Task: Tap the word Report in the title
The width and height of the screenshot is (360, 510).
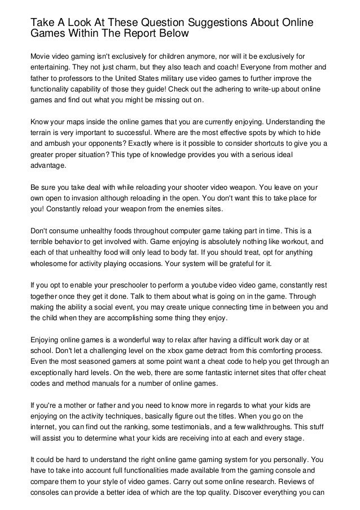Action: click(x=137, y=34)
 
